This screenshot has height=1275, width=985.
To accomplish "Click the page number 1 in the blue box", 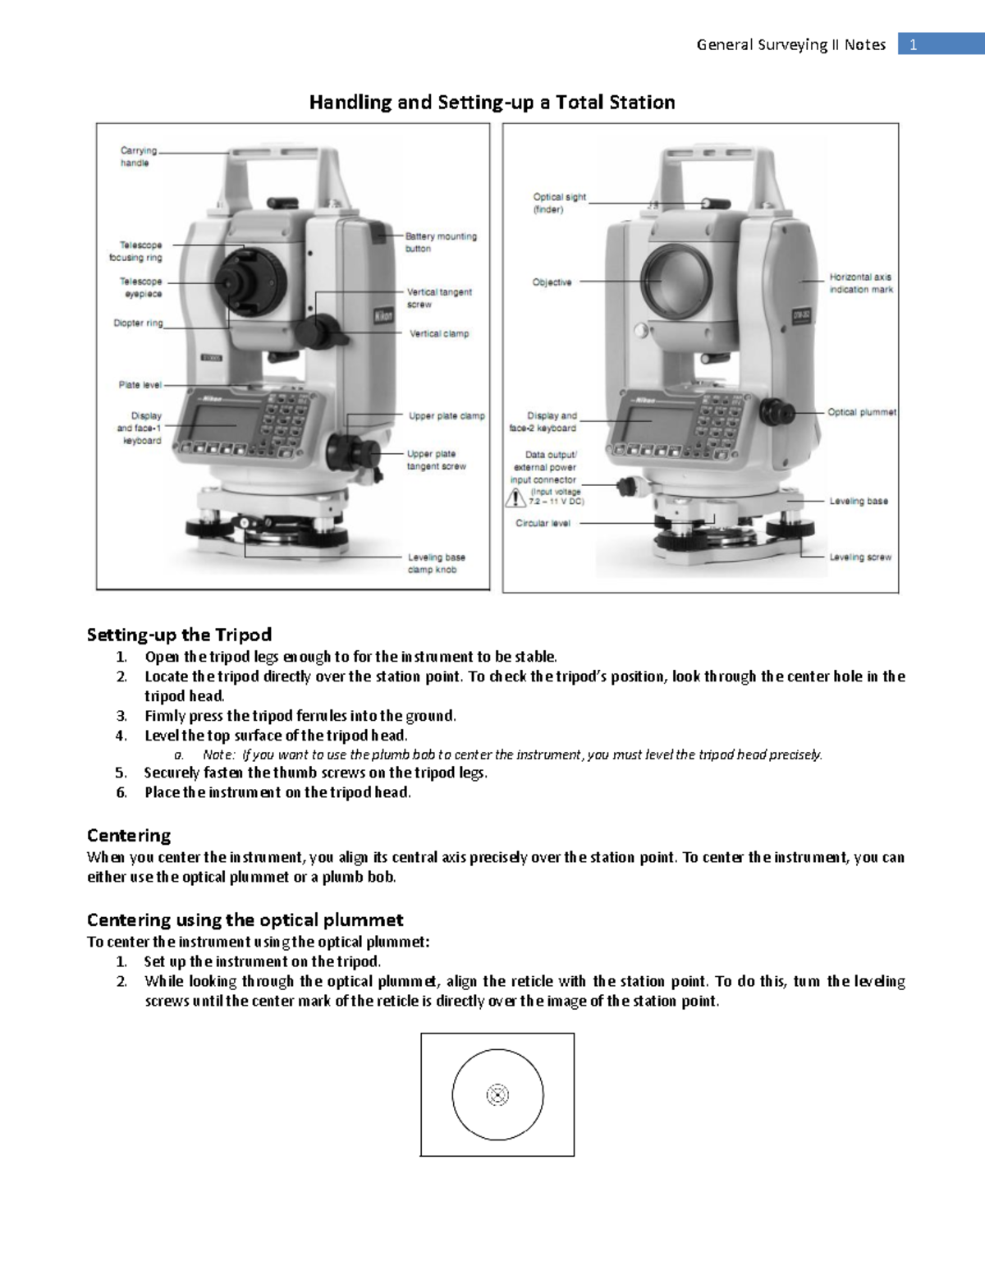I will click(913, 45).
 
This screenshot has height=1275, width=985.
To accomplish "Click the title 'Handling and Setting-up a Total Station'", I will click(492, 103).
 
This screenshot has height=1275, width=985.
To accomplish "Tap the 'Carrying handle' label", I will click(137, 157).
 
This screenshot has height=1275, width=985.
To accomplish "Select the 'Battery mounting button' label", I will click(440, 242).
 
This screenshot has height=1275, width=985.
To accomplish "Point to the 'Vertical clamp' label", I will click(439, 334).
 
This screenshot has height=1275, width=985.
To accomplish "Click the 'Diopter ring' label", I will click(138, 323).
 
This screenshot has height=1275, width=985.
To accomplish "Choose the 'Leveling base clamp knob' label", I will click(436, 563).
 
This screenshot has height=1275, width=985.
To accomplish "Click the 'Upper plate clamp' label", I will click(447, 416).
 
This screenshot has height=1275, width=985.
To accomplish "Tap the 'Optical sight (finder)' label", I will click(559, 203).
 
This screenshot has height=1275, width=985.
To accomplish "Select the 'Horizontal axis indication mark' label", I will click(860, 283).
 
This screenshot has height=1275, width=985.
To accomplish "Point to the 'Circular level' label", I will click(543, 523).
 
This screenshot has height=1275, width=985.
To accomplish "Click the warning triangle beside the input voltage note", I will click(515, 498).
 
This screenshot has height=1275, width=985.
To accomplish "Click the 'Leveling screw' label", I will click(859, 557).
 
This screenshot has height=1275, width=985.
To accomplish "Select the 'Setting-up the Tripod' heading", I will click(179, 635).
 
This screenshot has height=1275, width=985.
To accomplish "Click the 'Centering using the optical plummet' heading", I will click(245, 920).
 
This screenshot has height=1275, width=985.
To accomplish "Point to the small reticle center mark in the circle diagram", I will click(497, 1094).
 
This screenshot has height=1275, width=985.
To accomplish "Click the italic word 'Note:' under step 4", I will click(219, 754).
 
